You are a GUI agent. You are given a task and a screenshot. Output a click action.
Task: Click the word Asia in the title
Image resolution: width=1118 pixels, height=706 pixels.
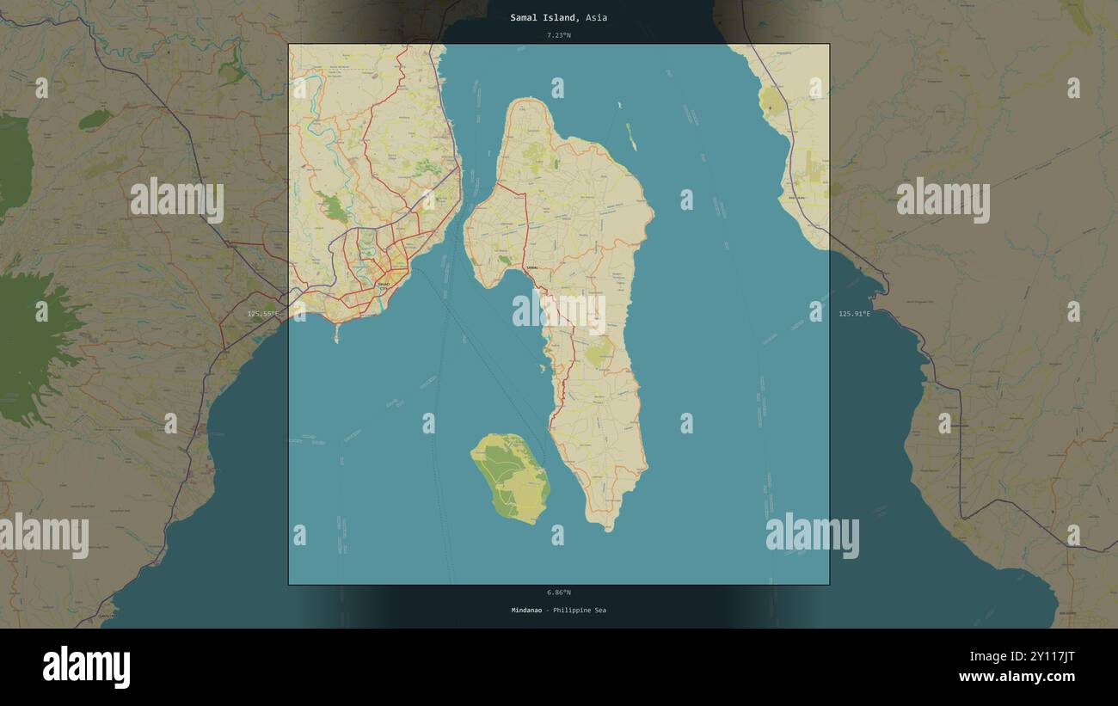(x=597, y=17)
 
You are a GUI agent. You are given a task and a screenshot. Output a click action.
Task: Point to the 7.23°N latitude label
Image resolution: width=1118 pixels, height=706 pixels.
(x=558, y=35)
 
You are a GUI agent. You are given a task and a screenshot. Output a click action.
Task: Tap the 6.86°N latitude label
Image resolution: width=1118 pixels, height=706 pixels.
(x=558, y=592)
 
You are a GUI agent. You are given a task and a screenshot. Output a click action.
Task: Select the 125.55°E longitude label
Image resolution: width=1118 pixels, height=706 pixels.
(x=263, y=314)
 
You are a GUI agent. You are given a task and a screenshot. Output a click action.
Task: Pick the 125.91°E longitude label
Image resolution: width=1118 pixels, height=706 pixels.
(x=854, y=314)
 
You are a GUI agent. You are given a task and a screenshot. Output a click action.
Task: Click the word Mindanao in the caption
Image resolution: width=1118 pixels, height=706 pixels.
(x=526, y=611)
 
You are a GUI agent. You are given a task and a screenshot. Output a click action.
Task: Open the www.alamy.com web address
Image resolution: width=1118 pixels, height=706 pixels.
(x=1017, y=677)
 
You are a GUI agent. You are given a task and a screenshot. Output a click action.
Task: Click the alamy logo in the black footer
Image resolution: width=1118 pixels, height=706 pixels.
(x=86, y=667)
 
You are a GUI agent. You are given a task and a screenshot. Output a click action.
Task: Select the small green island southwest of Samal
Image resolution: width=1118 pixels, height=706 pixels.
(x=512, y=477)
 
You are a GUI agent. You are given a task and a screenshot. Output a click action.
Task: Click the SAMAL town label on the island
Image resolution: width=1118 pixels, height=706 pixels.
(x=531, y=269)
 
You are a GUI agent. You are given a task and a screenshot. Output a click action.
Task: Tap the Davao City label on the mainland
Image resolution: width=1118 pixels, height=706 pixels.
(x=384, y=283)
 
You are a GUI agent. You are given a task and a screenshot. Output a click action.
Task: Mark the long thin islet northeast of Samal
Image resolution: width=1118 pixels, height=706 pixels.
(x=631, y=136)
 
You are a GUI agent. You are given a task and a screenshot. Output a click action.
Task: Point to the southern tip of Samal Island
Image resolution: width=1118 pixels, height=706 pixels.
(x=608, y=529)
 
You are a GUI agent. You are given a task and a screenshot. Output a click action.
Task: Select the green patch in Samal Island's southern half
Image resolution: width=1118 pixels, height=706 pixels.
(x=599, y=353)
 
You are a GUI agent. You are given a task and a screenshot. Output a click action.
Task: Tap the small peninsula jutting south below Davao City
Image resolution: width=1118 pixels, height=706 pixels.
(x=336, y=333)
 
